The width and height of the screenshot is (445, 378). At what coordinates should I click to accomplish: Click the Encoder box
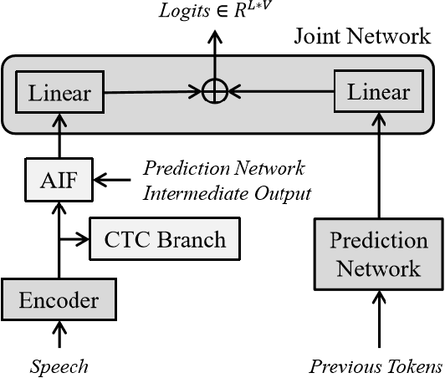59,300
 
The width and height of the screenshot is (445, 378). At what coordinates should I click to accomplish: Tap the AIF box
59,179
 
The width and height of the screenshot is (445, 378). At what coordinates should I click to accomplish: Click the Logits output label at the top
216,11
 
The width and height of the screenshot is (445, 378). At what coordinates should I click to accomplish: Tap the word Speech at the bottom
59,366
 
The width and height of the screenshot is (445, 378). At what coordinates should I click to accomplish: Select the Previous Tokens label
376,366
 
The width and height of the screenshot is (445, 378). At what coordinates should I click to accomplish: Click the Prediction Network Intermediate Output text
227,180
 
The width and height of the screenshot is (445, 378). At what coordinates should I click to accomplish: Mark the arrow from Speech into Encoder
59,336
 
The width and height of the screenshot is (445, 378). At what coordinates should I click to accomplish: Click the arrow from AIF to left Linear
59,136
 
